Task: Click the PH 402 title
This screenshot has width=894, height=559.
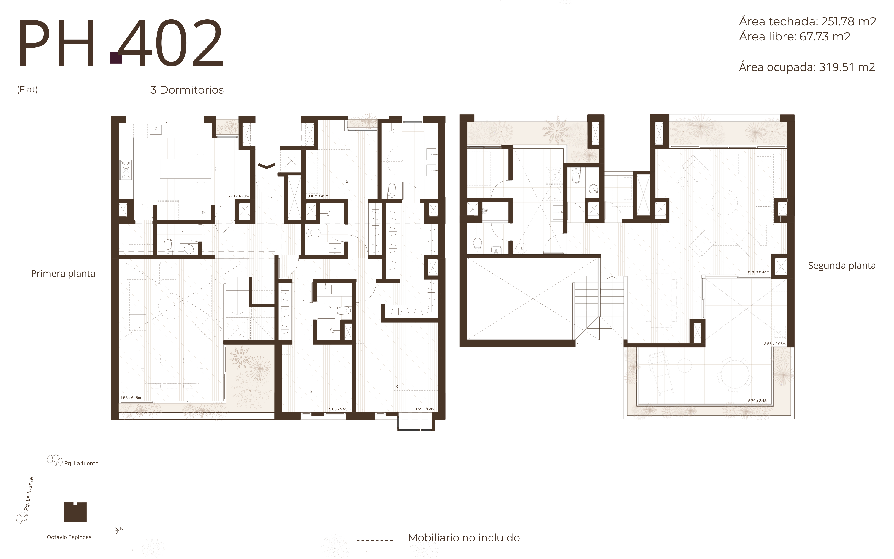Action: click(x=121, y=42)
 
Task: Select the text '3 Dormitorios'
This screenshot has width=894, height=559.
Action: click(x=187, y=90)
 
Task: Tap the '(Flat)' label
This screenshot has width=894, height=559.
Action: click(x=27, y=89)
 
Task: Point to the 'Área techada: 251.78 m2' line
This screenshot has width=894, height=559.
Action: click(x=808, y=21)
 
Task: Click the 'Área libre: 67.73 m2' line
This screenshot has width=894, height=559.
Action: click(x=795, y=37)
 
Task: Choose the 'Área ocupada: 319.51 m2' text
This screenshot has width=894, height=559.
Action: click(x=807, y=67)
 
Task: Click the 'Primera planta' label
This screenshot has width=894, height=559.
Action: click(x=63, y=274)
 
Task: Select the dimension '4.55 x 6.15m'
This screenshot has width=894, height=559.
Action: click(x=130, y=398)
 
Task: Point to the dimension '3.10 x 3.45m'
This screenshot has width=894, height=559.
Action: click(x=318, y=196)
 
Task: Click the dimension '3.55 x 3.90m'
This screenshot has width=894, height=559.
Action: click(x=425, y=409)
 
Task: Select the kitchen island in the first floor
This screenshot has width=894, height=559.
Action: click(x=186, y=169)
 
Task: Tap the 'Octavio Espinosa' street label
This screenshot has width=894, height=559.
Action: click(x=69, y=537)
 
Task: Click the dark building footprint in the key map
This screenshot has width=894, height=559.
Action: click(x=75, y=512)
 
